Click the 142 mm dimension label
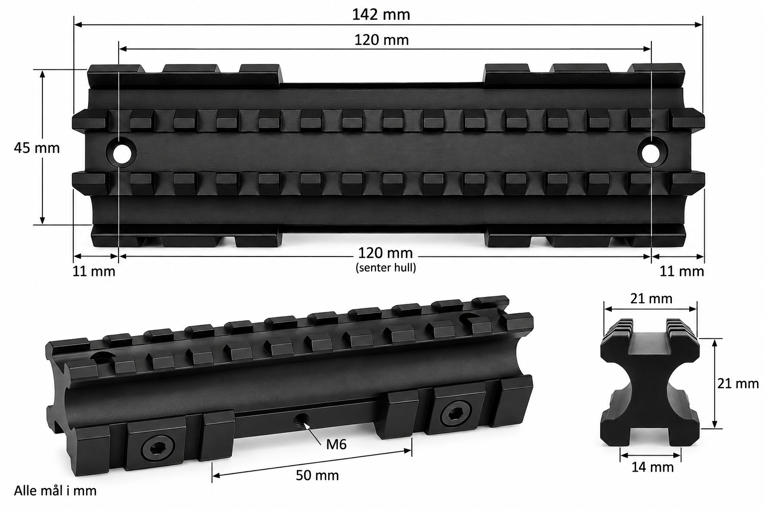[381, 14]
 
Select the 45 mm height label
[37, 148]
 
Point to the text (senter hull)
[386, 267]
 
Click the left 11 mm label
[94, 271]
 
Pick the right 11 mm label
[682, 271]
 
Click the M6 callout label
[336, 444]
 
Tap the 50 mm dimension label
[317, 475]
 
